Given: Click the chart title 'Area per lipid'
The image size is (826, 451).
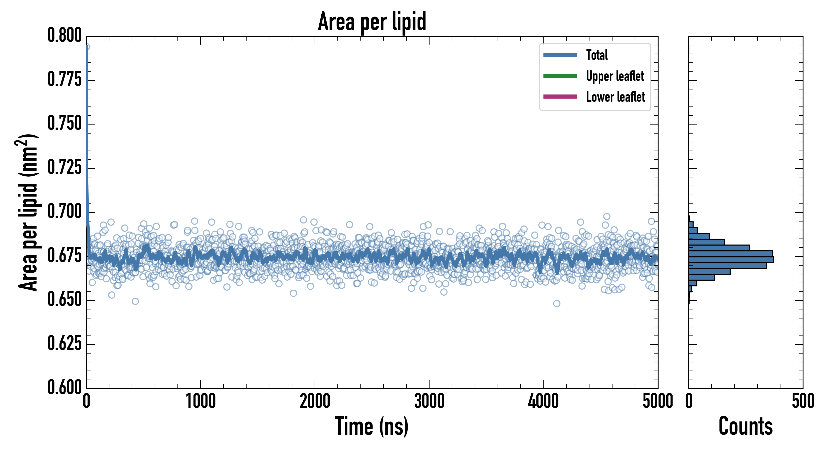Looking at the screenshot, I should (x=372, y=21).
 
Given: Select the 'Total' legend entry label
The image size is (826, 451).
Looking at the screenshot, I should (x=597, y=55).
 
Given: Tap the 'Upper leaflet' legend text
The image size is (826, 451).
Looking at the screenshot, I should (x=615, y=76).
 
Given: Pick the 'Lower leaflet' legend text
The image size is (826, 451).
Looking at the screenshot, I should (x=615, y=97).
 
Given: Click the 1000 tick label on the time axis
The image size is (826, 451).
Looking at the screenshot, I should (x=201, y=401).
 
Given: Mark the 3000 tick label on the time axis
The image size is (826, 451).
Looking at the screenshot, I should (x=429, y=401).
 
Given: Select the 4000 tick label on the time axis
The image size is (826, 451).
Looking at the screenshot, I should (x=543, y=401).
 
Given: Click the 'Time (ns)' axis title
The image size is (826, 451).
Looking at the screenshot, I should (x=372, y=426).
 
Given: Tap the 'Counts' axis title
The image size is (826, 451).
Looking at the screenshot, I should (x=745, y=426).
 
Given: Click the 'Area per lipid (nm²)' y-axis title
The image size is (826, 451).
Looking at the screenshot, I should (x=28, y=212).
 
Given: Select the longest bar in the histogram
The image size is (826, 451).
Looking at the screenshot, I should (x=731, y=260).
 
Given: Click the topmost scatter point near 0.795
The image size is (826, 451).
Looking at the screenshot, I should (x=87, y=47).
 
